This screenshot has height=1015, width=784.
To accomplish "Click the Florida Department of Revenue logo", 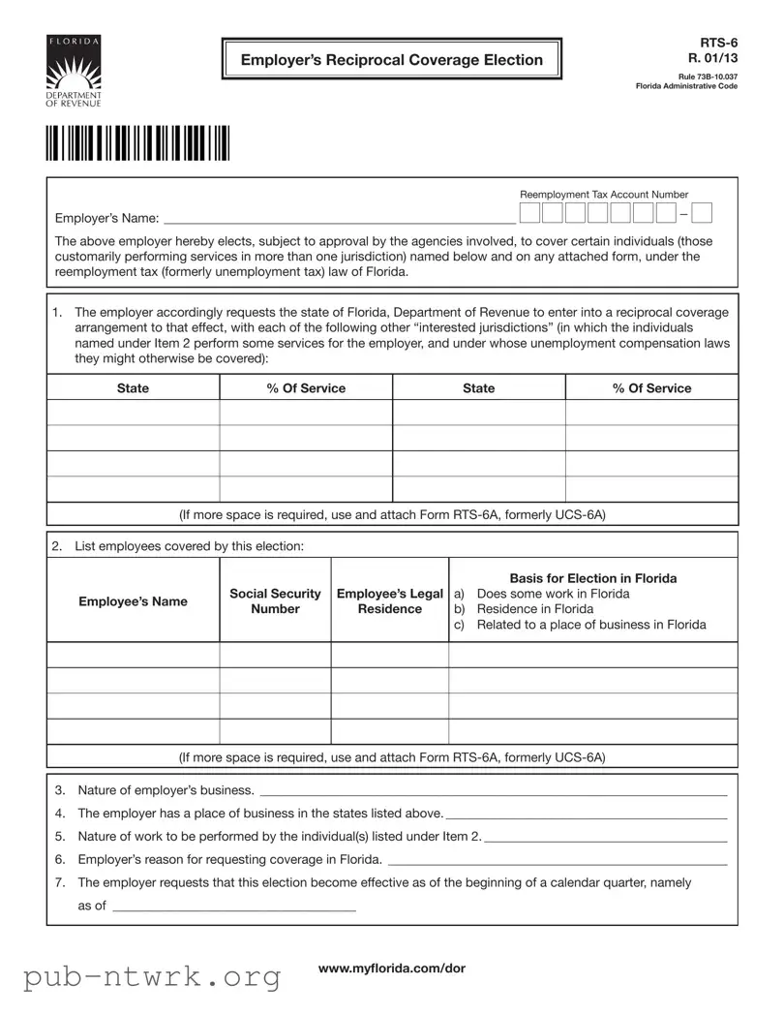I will pyautogui.click(x=74, y=72).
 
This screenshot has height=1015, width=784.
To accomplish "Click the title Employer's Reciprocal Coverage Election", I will pyautogui.click(x=391, y=60).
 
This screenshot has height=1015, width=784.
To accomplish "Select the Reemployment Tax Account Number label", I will pyautogui.click(x=604, y=195).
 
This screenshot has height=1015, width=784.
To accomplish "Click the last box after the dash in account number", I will pyautogui.click(x=702, y=213).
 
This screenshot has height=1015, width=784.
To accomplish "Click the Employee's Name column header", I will pyautogui.click(x=133, y=601).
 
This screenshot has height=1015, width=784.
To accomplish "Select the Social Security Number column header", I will pyautogui.click(x=275, y=601).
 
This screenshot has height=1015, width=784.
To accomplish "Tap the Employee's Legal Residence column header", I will pyautogui.click(x=389, y=601).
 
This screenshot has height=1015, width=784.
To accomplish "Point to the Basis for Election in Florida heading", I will pyautogui.click(x=592, y=578).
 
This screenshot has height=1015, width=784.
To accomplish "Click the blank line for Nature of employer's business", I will pyautogui.click(x=494, y=791).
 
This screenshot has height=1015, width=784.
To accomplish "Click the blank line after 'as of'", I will pyautogui.click(x=234, y=907).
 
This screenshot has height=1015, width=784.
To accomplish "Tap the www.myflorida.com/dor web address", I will pyautogui.click(x=391, y=969).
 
